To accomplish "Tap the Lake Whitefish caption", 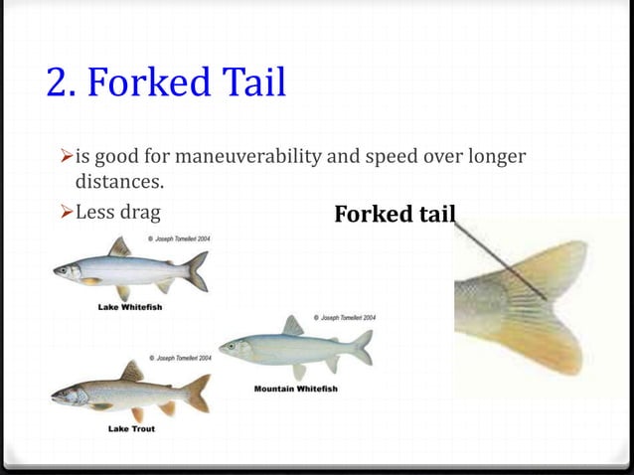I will tap(130, 307).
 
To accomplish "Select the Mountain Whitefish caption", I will tap(296, 388).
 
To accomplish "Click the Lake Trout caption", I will tap(130, 428).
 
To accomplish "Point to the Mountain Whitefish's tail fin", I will tap(363, 347).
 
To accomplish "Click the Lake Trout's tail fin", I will tap(198, 393).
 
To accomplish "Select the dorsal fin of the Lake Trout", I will tap(132, 372).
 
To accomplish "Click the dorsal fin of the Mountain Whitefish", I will tap(293, 325).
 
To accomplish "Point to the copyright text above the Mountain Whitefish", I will tap(342, 317).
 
